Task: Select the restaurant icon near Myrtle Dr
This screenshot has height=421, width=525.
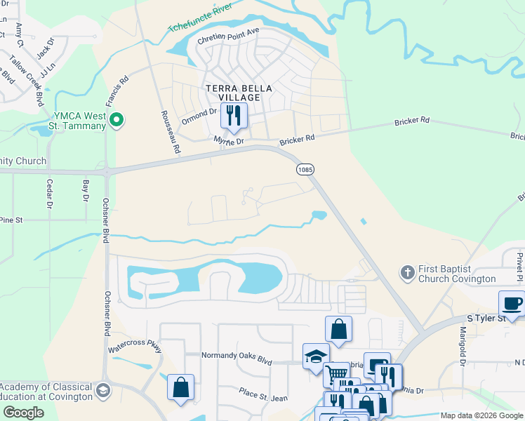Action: coord(234,116)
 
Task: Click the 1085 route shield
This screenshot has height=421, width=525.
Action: coord(305,169)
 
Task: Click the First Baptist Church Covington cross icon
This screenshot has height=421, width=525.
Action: coord(407,272)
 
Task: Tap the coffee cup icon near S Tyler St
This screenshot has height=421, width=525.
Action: coord(511,305)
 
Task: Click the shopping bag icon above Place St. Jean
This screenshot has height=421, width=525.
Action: coord(180,387)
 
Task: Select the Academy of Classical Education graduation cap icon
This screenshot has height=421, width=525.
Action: coord(102,390)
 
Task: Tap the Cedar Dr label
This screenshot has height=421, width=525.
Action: coord(49,194)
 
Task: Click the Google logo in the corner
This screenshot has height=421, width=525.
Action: coord(22,413)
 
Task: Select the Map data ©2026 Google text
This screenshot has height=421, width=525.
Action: coord(482,416)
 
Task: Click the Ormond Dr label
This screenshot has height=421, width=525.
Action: coord(199,116)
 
